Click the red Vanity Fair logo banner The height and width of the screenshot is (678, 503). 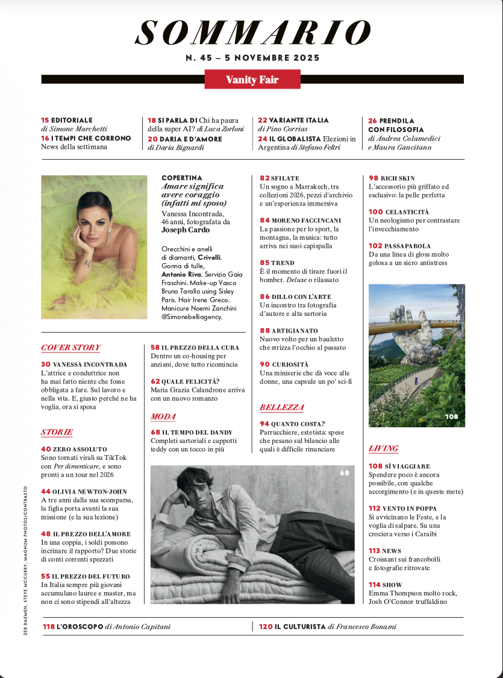pyautogui.click(x=252, y=80)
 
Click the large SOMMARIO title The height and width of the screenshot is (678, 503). pyautogui.click(x=252, y=33)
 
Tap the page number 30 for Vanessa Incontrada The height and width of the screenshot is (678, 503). pyautogui.click(x=46, y=365)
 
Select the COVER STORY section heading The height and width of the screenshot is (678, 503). pyautogui.click(x=70, y=348)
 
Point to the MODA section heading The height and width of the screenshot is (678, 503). pyautogui.click(x=163, y=416)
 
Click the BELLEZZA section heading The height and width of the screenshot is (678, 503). pyautogui.click(x=281, y=407)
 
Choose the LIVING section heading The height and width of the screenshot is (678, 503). pyautogui.click(x=383, y=448)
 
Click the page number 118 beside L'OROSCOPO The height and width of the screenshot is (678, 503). pyautogui.click(x=49, y=627)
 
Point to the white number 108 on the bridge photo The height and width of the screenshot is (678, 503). pyautogui.click(x=451, y=416)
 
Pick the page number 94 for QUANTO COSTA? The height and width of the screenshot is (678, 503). pyautogui.click(x=264, y=424)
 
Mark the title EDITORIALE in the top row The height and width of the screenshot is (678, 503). pyautogui.click(x=72, y=121)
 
